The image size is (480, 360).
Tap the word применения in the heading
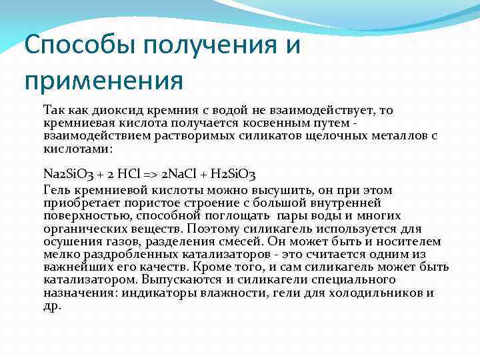[103, 81]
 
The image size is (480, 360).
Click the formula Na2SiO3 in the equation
[67, 175]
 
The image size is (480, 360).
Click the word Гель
[57, 191]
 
